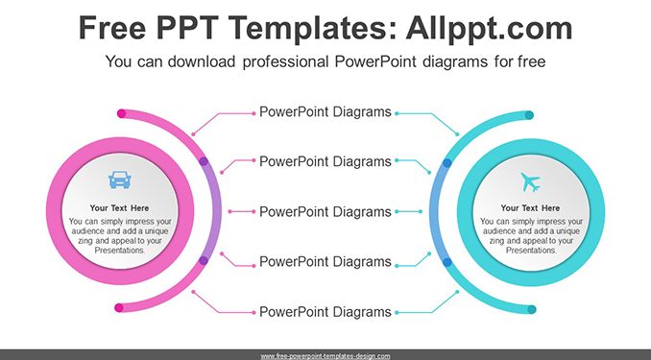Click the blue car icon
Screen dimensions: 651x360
coord(120,180)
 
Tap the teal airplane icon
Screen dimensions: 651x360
coord(530,182)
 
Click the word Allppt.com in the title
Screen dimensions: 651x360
coord(489,28)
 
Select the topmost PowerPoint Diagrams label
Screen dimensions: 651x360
coord(325,112)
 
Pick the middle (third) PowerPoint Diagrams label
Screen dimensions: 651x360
coord(325,212)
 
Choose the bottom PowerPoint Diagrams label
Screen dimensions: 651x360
coord(325,312)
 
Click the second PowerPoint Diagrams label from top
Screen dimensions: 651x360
coord(325,161)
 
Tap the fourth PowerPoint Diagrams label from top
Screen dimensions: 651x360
coord(325,261)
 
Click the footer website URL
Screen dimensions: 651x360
coord(325,356)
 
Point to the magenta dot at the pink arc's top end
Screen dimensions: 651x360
coord(122,113)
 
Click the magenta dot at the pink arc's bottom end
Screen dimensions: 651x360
coord(119,308)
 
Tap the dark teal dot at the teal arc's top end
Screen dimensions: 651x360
coord(529,115)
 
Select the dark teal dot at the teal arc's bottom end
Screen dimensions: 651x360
coord(532,309)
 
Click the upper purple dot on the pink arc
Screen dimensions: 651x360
coord(204,161)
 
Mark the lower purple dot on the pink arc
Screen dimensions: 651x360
coord(204,261)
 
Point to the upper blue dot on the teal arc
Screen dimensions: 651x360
coord(447,163)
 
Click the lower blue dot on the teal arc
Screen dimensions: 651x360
coord(447,262)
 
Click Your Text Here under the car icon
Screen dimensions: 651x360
coord(120,208)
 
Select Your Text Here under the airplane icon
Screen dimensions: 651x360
coord(530,208)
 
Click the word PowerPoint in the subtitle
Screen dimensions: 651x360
coord(375,61)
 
